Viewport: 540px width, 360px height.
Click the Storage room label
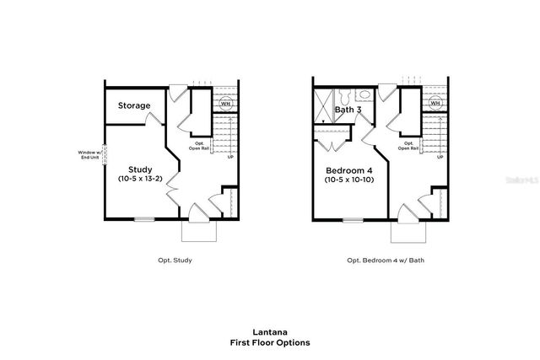(x=134, y=106)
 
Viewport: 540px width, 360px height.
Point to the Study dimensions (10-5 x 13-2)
(x=139, y=180)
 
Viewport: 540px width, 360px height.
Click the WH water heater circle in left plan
(x=225, y=104)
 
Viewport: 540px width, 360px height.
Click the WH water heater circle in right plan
(x=435, y=104)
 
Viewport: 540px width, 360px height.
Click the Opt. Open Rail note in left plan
(x=199, y=146)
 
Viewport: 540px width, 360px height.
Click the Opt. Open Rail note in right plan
(x=408, y=146)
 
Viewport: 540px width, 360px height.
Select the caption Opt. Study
(x=175, y=261)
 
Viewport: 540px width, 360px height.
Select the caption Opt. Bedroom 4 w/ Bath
(x=386, y=261)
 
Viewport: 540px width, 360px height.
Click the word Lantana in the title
(x=269, y=332)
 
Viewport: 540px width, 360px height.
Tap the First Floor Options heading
(x=269, y=343)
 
